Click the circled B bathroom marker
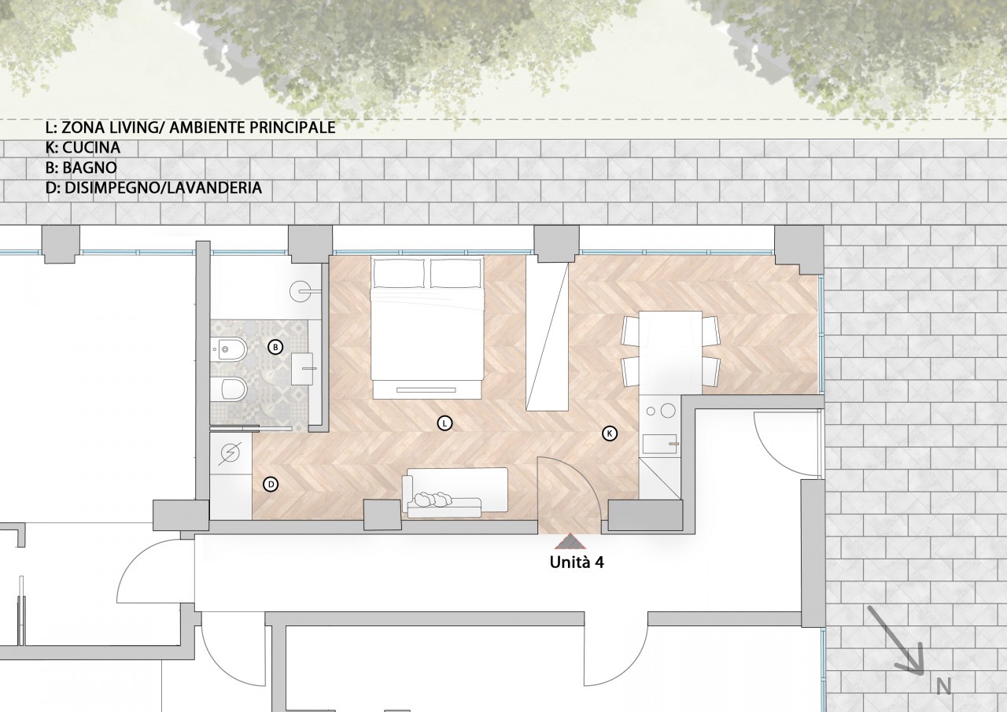point(275,347)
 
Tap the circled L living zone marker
point(444,423)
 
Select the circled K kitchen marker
point(610,433)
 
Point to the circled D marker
point(271,484)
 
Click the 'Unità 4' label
point(577,563)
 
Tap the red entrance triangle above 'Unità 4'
point(570,541)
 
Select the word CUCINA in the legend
point(91,147)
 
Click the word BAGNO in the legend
point(90,168)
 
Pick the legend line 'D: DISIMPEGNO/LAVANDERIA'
point(153,187)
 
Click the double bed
point(426,327)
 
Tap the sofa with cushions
point(456,492)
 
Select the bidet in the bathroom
point(229,348)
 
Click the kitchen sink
point(659,444)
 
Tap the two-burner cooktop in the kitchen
point(660,410)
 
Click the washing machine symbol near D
point(231,453)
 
